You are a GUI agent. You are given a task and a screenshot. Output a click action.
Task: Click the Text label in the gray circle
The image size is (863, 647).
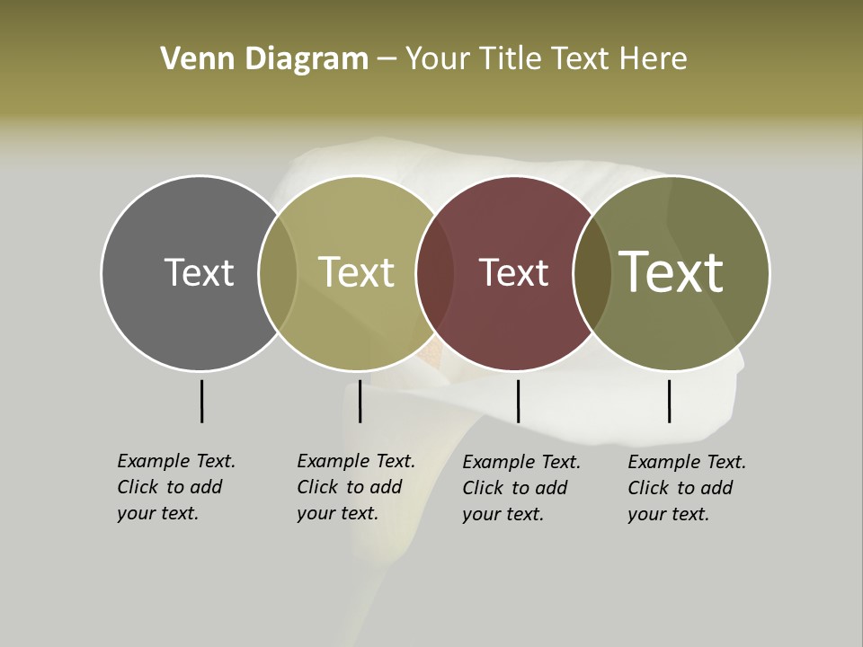(199, 272)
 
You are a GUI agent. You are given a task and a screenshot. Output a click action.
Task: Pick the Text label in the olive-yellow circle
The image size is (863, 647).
(356, 272)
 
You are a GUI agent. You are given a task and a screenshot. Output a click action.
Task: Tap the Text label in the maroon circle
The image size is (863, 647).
(513, 273)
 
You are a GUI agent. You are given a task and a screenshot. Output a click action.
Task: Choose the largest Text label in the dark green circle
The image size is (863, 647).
(672, 271)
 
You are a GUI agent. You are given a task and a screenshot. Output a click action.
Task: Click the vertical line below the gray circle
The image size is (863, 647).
(201, 401)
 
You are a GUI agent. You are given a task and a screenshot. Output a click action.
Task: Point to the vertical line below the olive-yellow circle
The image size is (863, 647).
(360, 401)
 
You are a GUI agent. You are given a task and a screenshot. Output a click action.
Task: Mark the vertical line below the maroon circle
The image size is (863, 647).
(518, 401)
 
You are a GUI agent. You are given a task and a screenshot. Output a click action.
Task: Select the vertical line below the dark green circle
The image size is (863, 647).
(669, 401)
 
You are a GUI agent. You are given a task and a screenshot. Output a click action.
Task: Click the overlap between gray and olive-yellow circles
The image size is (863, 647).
(278, 272)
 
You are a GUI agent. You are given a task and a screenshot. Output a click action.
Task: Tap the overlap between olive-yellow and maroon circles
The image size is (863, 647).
(435, 272)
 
